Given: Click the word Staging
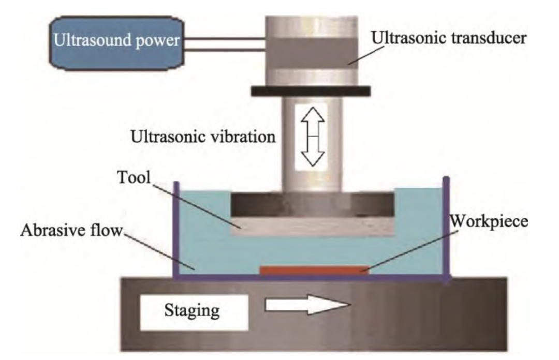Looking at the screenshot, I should [192, 311].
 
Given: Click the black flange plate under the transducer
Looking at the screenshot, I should [310, 91].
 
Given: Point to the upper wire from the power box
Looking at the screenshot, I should [223, 37].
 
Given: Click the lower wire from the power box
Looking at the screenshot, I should [223, 50].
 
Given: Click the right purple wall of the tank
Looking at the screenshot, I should [447, 230].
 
